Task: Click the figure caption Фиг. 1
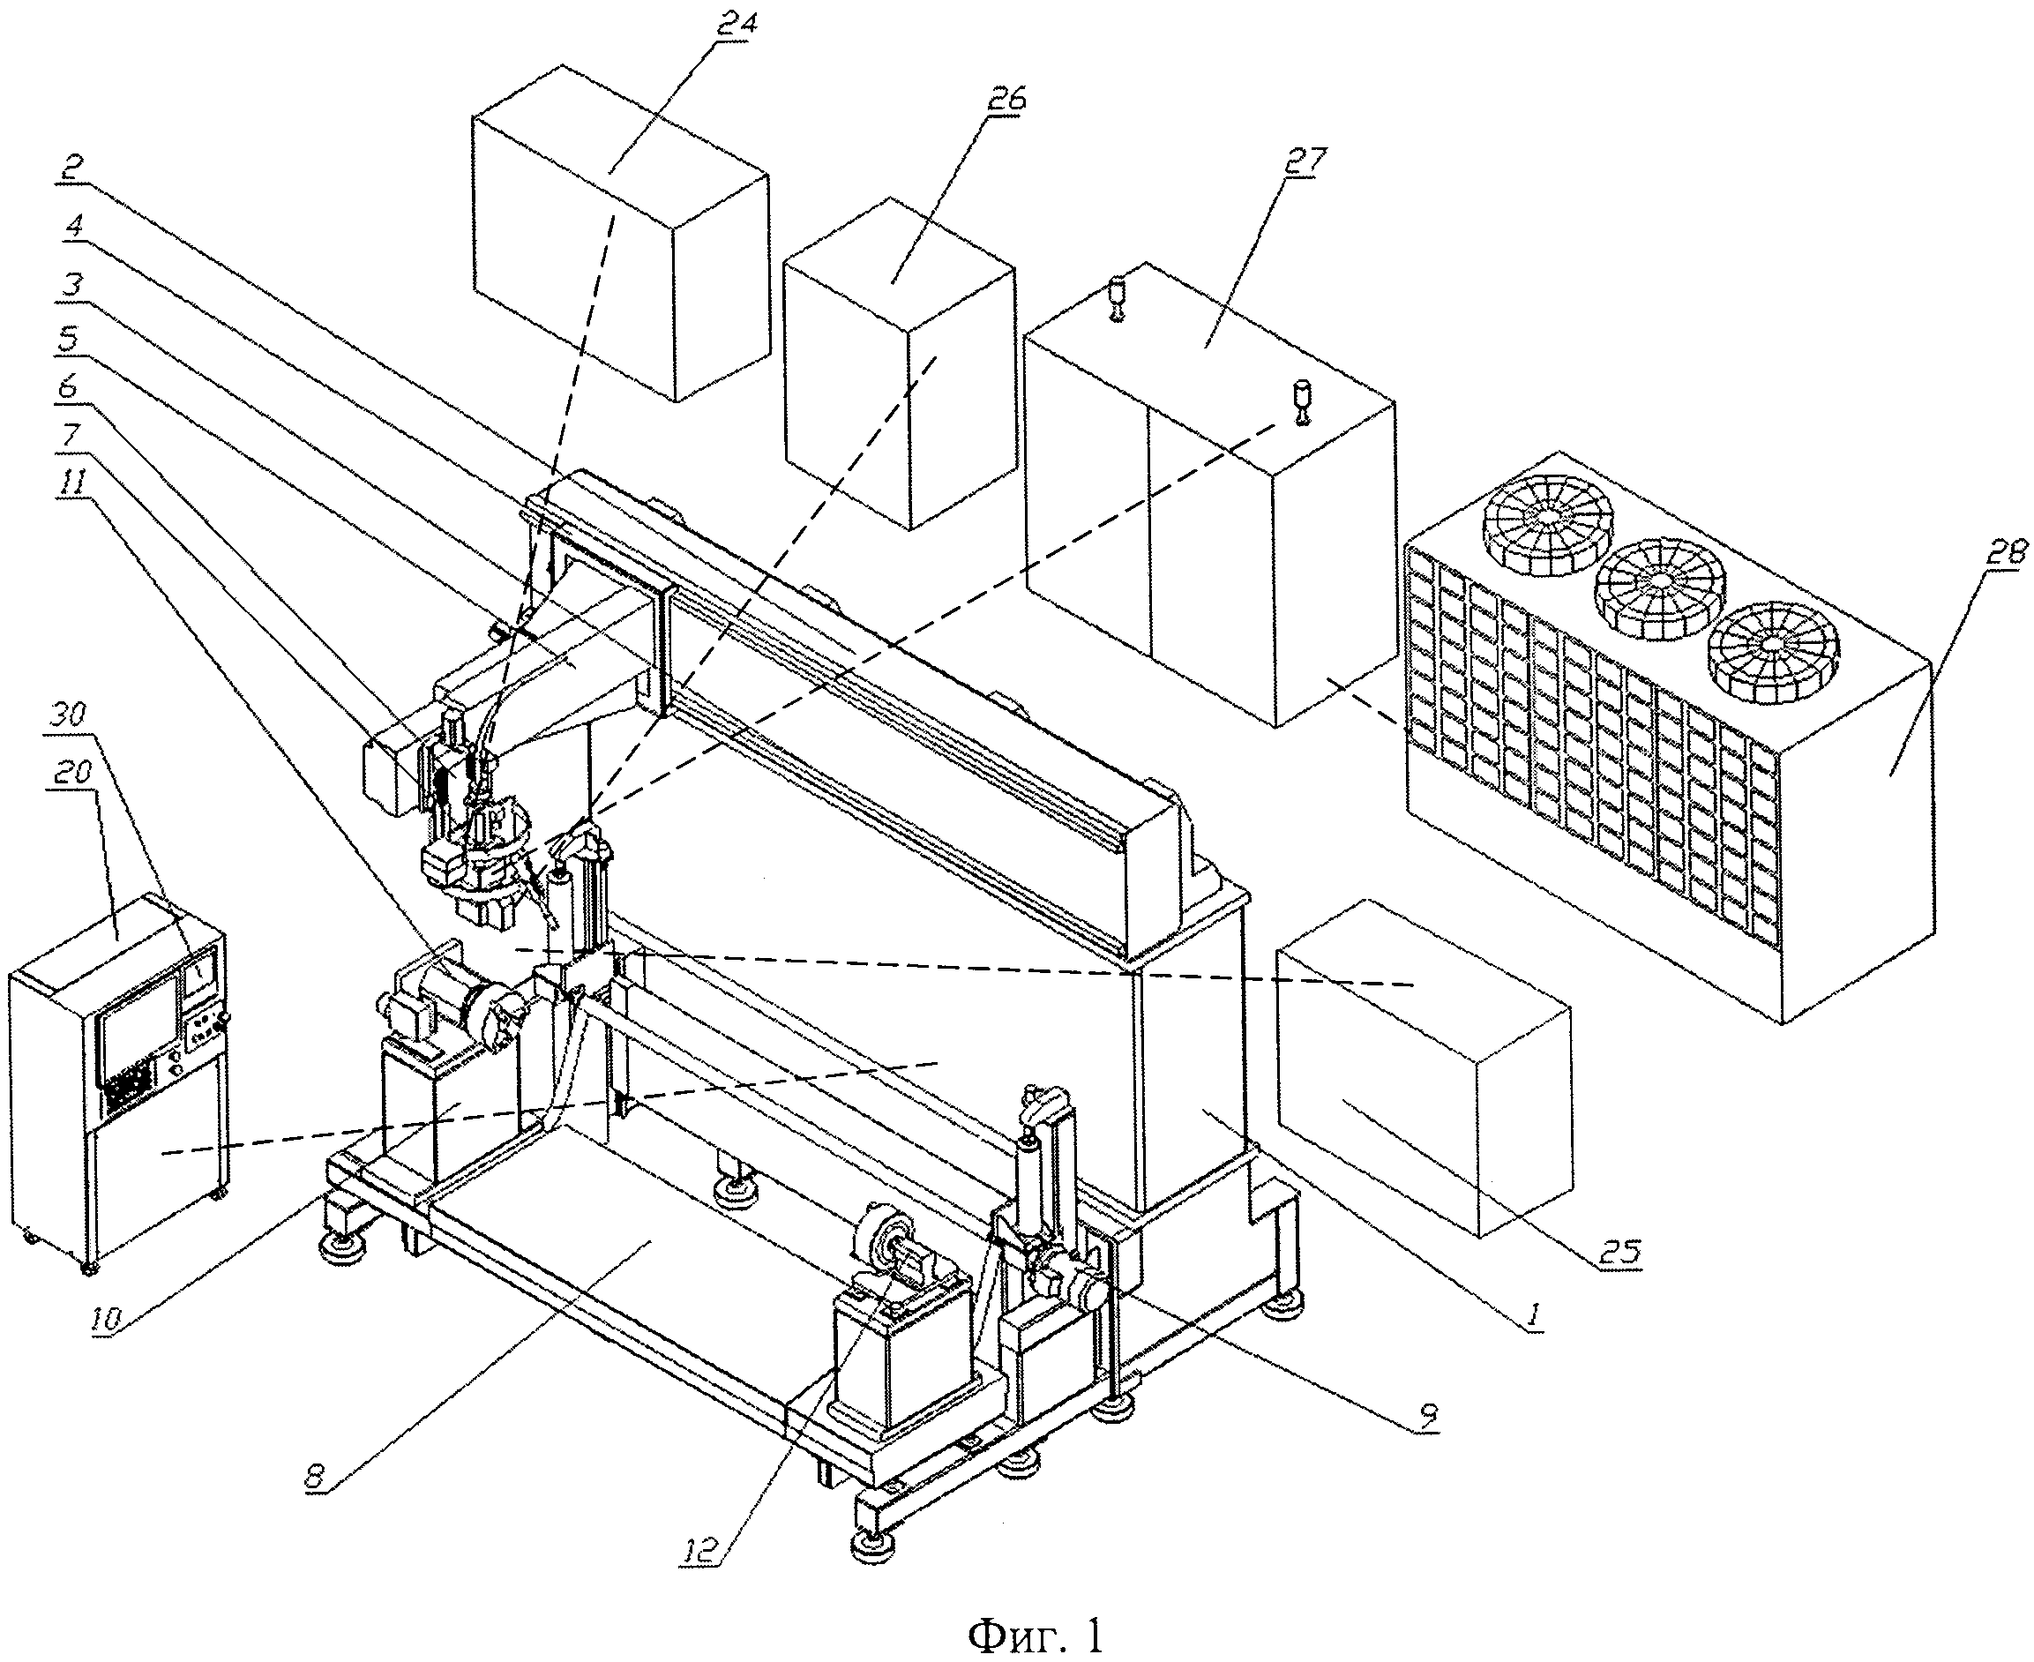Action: coord(1036,1636)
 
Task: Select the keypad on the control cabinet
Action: coord(126,1088)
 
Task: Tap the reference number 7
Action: coord(74,437)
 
